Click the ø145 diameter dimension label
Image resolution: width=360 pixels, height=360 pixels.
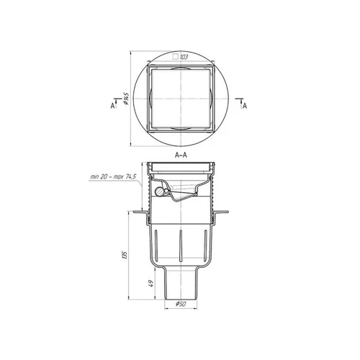[127, 99]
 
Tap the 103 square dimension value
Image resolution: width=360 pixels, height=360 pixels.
[184, 57]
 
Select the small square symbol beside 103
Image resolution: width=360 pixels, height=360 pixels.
[176, 57]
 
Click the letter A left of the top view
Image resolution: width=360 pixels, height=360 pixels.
[112, 106]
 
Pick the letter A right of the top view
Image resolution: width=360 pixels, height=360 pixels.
[245, 106]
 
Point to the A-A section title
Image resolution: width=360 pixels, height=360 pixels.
[181, 155]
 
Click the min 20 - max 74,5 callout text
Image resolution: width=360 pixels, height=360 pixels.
[113, 177]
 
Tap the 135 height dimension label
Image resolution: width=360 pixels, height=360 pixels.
[125, 255]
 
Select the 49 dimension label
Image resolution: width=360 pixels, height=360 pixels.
[150, 284]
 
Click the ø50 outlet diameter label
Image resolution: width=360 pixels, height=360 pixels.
[181, 304]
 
